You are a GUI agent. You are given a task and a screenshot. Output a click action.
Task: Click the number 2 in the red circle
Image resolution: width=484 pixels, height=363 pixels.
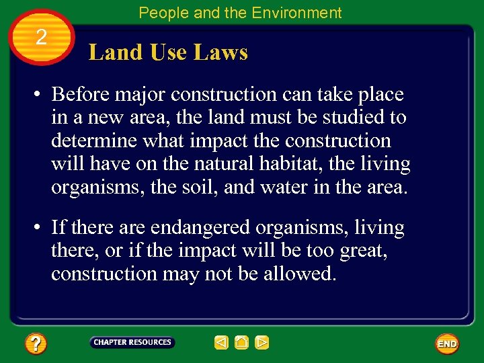pyautogui.click(x=40, y=38)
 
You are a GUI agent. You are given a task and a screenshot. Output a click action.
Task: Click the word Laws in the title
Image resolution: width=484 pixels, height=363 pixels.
pyautogui.click(x=223, y=52)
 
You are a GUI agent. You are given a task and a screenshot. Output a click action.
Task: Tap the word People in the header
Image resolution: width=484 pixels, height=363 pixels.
pyautogui.click(x=159, y=13)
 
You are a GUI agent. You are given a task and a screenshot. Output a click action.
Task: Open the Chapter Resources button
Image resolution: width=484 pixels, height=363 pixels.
pyautogui.click(x=132, y=343)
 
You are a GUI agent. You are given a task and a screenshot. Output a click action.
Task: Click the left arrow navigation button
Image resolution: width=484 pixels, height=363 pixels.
pyautogui.click(x=222, y=343)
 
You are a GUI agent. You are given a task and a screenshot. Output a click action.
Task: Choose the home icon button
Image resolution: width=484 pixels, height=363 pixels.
pyautogui.click(x=242, y=343)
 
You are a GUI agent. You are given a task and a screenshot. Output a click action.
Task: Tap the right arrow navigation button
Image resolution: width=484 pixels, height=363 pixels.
pyautogui.click(x=262, y=343)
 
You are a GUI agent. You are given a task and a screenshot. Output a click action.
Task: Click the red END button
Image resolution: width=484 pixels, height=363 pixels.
pyautogui.click(x=447, y=344)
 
